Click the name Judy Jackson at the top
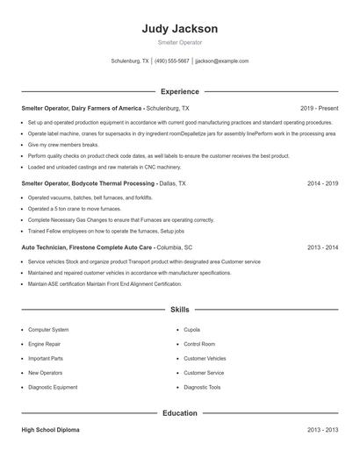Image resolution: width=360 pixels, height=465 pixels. pyautogui.click(x=179, y=29)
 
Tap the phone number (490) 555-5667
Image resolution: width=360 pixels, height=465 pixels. pyautogui.click(x=172, y=61)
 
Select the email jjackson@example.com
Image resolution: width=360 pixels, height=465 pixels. pyautogui.click(x=221, y=61)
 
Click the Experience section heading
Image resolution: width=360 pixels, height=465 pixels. pyautogui.click(x=179, y=91)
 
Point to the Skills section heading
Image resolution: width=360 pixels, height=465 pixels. pyautogui.click(x=179, y=310)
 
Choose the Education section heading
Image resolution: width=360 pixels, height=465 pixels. pyautogui.click(x=179, y=412)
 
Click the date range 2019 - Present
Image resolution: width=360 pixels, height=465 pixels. pyautogui.click(x=319, y=107)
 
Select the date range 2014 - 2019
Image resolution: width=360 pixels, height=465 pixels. pyautogui.click(x=322, y=184)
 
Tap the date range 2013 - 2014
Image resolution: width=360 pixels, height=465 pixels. pyautogui.click(x=322, y=247)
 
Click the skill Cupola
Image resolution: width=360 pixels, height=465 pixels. pyautogui.click(x=192, y=330)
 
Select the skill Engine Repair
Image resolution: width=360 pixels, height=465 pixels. pyautogui.click(x=46, y=344)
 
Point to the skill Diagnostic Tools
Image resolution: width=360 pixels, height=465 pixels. pyautogui.click(x=202, y=387)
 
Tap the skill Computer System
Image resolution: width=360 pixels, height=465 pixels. pyautogui.click(x=48, y=330)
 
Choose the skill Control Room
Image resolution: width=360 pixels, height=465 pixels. pyautogui.click(x=199, y=344)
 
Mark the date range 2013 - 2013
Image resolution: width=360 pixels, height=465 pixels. pyautogui.click(x=322, y=431)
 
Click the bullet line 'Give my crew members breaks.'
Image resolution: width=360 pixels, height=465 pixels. pyautogui.click(x=63, y=144)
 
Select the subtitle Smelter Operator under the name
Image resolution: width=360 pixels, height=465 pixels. pyautogui.click(x=179, y=43)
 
